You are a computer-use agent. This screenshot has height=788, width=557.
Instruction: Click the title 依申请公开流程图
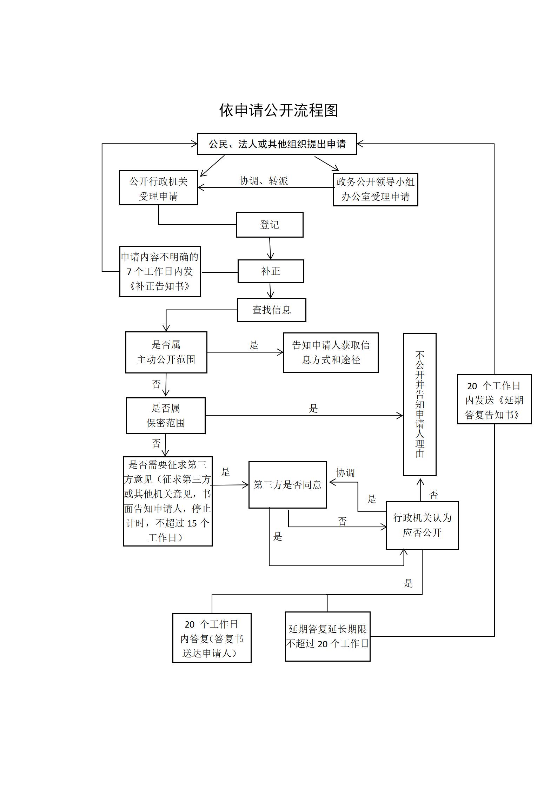[x=278, y=110]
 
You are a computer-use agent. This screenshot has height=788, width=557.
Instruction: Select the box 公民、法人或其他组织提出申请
[x=277, y=144]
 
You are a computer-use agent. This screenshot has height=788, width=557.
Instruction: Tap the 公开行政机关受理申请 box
[x=158, y=188]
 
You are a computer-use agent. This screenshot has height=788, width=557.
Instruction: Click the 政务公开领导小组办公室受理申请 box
[x=375, y=189]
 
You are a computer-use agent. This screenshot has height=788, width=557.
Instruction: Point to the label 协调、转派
[x=264, y=181]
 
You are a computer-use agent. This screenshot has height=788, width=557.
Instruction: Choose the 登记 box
[x=270, y=225]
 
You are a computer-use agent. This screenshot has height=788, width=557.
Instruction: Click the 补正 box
[x=271, y=271]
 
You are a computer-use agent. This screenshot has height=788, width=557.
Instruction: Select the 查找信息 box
[x=271, y=310]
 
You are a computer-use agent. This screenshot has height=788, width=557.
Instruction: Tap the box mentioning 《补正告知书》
[x=160, y=272]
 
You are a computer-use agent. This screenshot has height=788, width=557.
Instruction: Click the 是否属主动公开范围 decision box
[x=166, y=352]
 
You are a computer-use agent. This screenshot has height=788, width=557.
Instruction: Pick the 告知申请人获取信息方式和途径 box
[x=331, y=352]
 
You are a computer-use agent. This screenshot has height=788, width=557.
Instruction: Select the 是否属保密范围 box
[x=166, y=416]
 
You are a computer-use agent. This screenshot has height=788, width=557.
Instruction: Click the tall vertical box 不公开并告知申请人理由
[x=420, y=404]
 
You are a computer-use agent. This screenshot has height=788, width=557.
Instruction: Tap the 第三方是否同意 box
[x=287, y=485]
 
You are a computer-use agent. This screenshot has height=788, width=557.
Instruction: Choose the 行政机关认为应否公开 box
[x=422, y=525]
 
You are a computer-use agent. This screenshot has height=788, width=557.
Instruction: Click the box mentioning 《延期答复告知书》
[x=494, y=399]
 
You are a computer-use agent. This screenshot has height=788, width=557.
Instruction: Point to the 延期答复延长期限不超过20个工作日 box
[x=327, y=636]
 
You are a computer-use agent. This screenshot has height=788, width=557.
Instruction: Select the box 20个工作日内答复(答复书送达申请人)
[x=212, y=638]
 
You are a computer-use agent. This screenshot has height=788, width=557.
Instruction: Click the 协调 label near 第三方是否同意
[x=345, y=473]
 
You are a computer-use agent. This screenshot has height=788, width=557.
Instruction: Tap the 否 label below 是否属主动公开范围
[x=157, y=384]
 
